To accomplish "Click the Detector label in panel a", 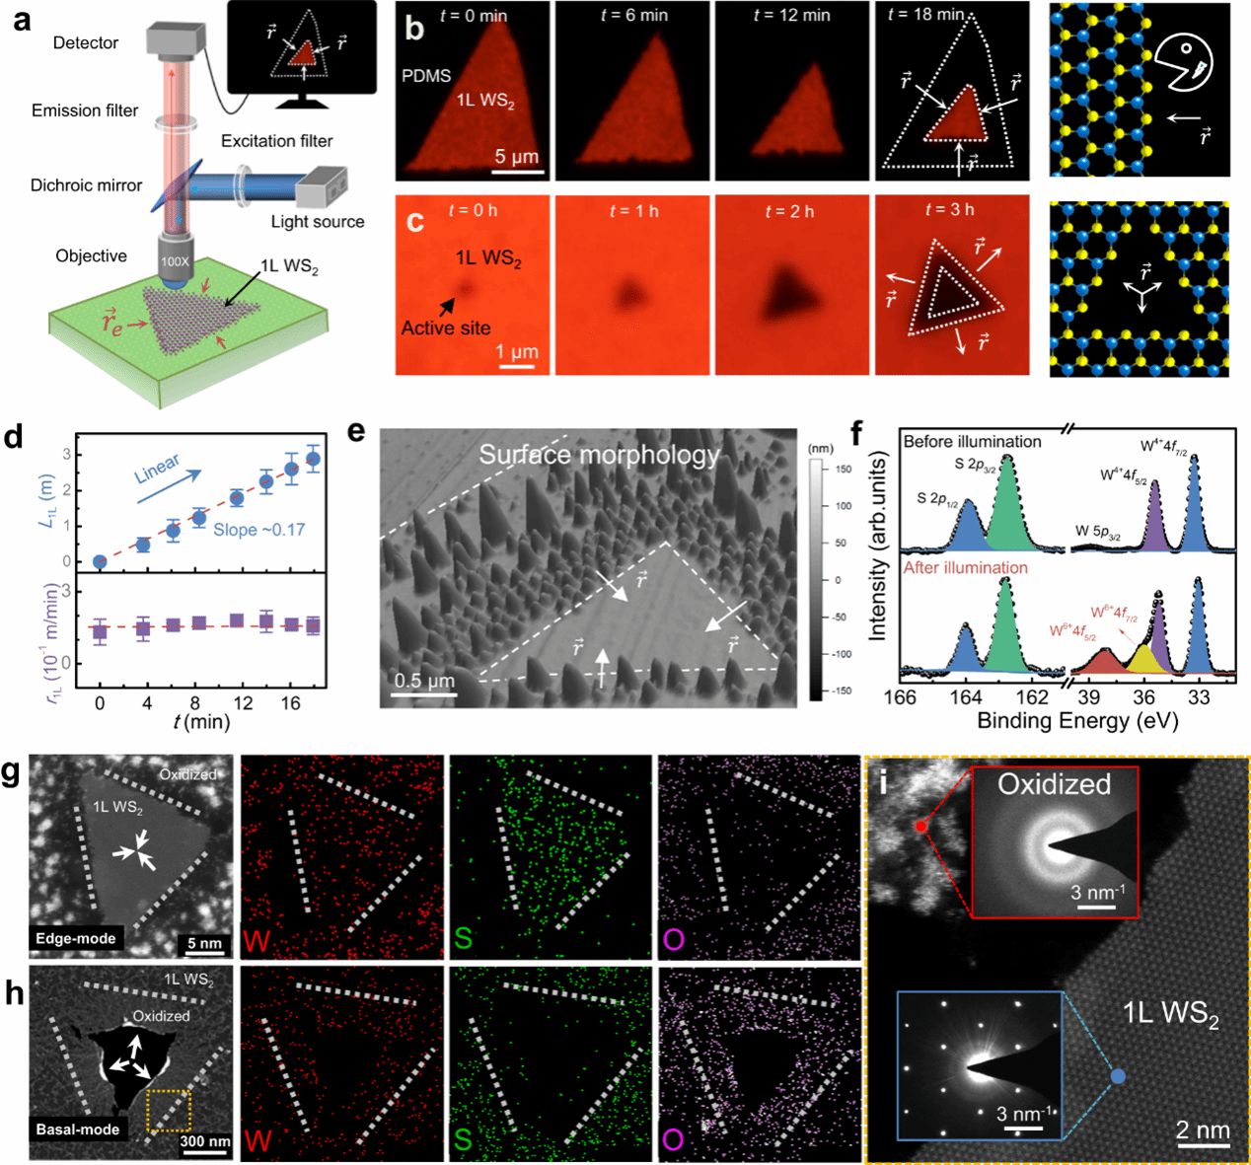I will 86,42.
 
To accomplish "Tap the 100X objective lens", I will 177,260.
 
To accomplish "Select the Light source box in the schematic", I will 322,187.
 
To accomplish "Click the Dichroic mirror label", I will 86,184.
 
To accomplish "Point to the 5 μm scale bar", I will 518,171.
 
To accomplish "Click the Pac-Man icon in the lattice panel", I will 1184,61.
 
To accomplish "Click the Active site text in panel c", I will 446,328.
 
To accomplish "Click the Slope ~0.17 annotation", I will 259,530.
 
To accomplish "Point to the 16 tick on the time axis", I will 289,703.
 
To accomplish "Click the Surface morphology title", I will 599,455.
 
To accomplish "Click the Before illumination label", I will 972,441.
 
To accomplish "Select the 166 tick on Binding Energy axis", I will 900,698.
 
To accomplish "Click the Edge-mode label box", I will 76,938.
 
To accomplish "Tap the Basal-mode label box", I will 78,1129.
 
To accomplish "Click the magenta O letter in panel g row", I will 674,939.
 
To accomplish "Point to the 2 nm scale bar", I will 1203,1145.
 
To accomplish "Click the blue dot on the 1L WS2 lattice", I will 1118,1077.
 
